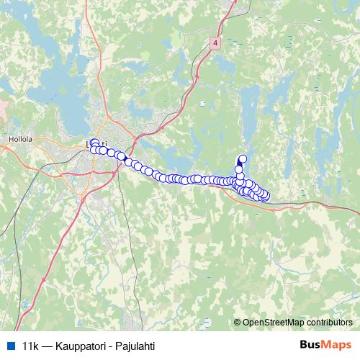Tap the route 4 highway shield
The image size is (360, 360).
pyautogui.click(x=215, y=43)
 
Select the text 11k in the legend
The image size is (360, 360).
pyautogui.click(x=30, y=345)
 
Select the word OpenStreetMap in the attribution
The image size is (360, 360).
pyautogui.click(x=273, y=323)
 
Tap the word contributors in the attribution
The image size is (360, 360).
pyautogui.click(x=329, y=323)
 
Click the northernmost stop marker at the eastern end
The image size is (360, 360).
pyautogui.click(x=243, y=159)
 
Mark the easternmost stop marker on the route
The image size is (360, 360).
pyautogui.click(x=266, y=195)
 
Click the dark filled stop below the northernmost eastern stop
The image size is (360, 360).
pyautogui.click(x=239, y=170)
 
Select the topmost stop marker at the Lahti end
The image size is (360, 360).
pyautogui.click(x=94, y=143)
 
